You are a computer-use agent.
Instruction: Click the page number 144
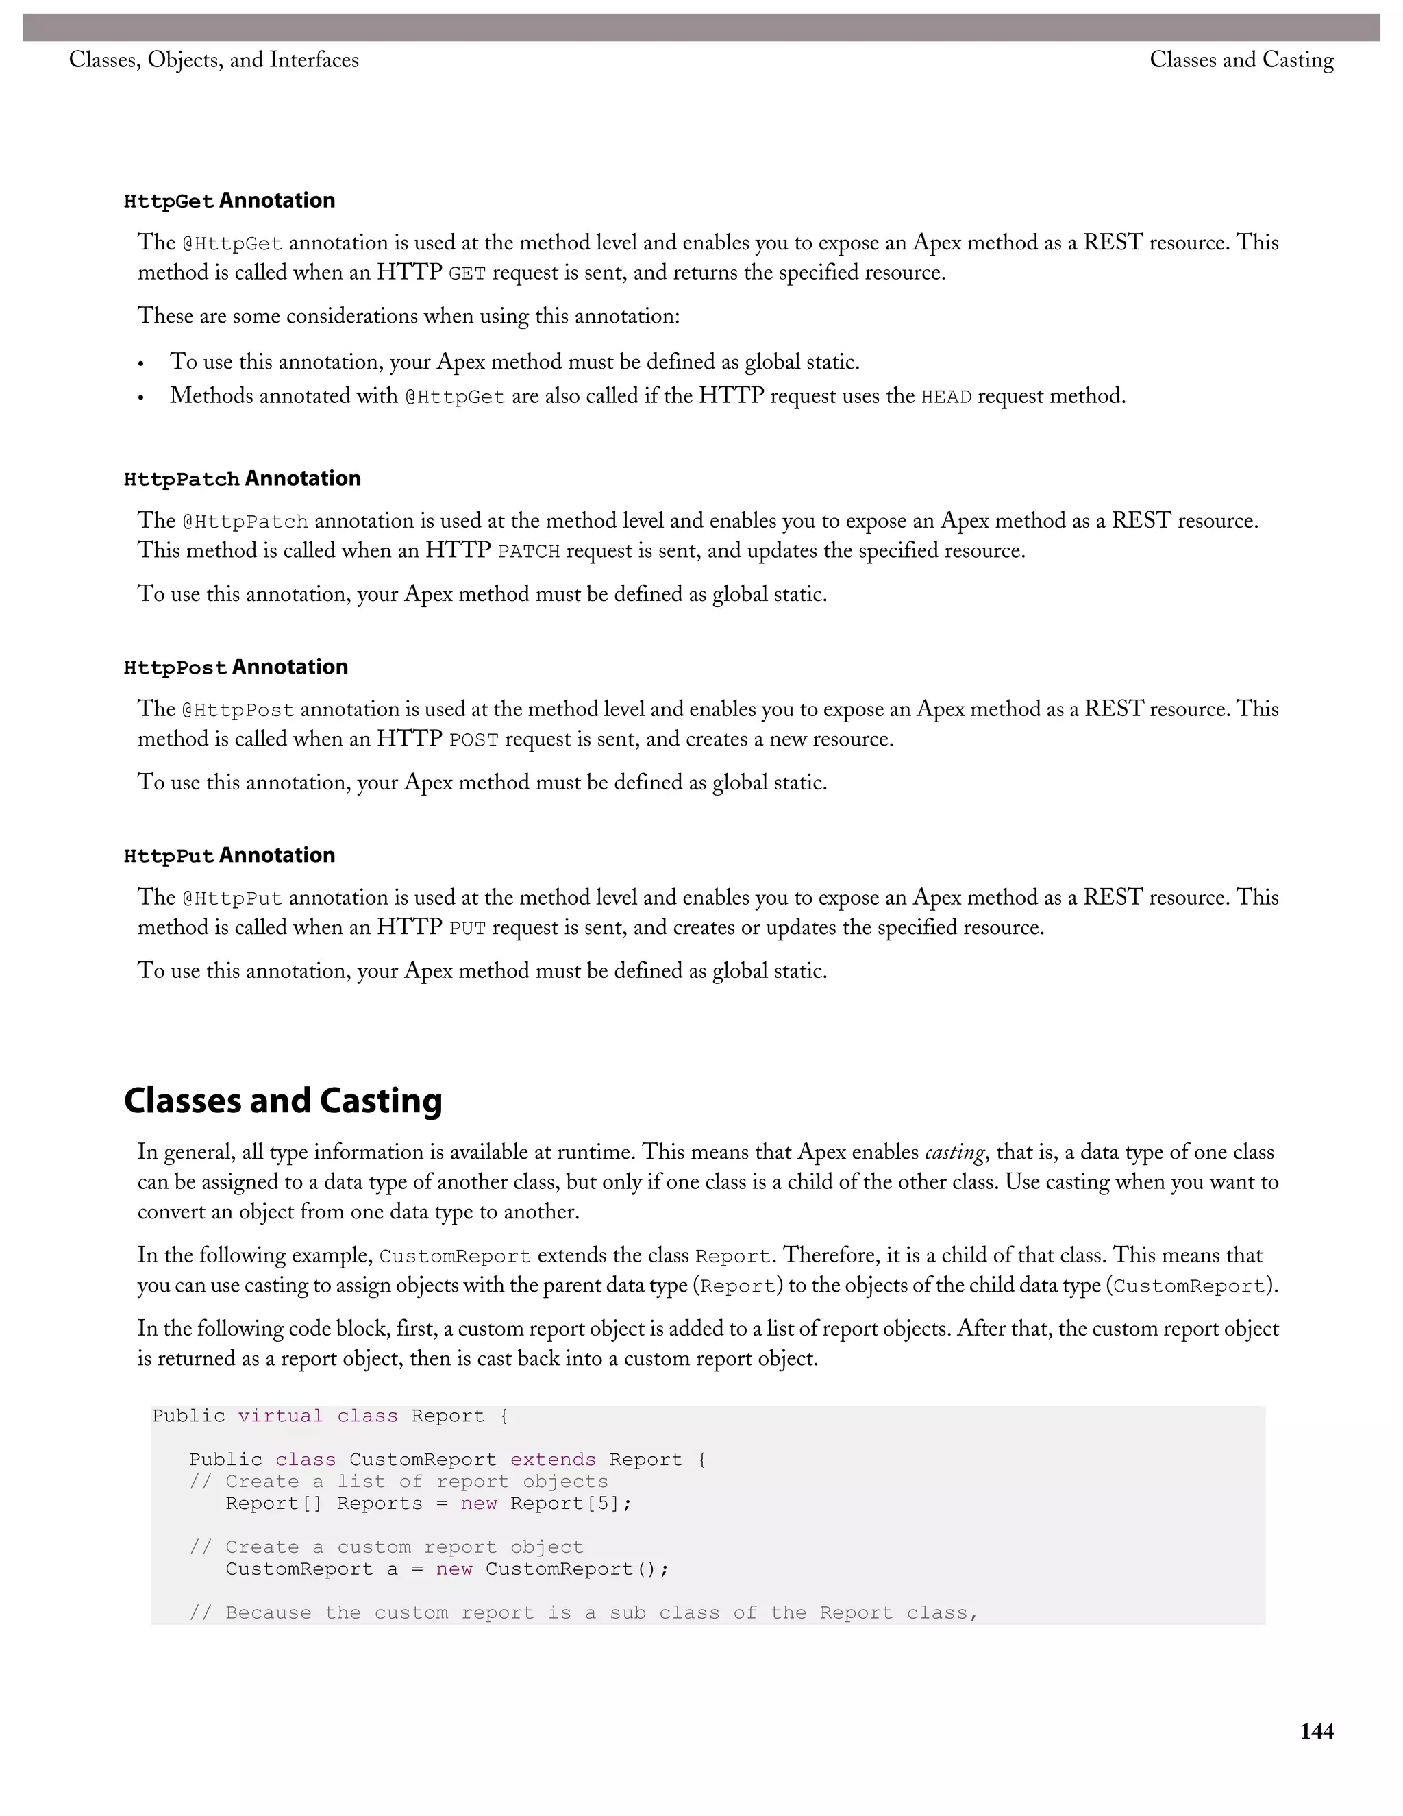pos(1317,1731)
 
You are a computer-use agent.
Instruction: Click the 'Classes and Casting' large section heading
pos(283,1100)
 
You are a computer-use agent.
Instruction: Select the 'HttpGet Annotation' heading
pos(229,200)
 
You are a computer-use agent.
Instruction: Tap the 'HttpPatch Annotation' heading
pos(242,479)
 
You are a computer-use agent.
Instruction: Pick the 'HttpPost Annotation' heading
pos(235,667)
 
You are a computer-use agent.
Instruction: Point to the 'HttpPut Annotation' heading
pos(229,856)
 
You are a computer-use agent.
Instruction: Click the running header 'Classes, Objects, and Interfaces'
pos(214,60)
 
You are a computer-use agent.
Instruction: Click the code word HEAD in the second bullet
pos(946,397)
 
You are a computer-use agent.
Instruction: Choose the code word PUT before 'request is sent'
pos(467,929)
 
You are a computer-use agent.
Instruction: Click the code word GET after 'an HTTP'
pos(467,274)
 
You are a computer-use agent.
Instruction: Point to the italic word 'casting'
pos(954,1153)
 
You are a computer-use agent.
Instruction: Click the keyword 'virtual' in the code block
pos(280,1416)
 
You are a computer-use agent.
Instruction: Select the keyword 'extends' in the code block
pos(553,1460)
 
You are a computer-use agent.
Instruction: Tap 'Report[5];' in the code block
pos(571,1504)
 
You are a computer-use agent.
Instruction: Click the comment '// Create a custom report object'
pos(386,1547)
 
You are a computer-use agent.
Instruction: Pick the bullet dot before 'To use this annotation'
pos(141,364)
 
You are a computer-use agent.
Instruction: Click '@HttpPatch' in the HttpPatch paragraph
pos(245,522)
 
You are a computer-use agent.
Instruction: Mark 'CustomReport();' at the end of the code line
pos(577,1569)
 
